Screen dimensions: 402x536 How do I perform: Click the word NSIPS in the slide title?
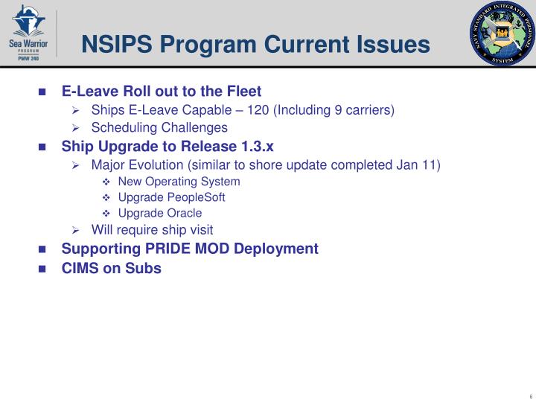116,45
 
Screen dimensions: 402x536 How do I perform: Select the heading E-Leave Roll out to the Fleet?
161,92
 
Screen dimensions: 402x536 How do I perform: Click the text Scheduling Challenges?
159,127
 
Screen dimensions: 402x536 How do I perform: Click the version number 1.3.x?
254,146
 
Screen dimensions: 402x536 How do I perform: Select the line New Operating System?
179,182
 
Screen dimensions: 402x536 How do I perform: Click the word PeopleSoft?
197,197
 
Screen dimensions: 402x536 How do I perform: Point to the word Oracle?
181,213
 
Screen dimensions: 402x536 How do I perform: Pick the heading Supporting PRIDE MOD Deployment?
190,249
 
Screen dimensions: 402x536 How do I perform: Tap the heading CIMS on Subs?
111,269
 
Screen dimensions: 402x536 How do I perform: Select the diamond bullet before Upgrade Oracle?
106,214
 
